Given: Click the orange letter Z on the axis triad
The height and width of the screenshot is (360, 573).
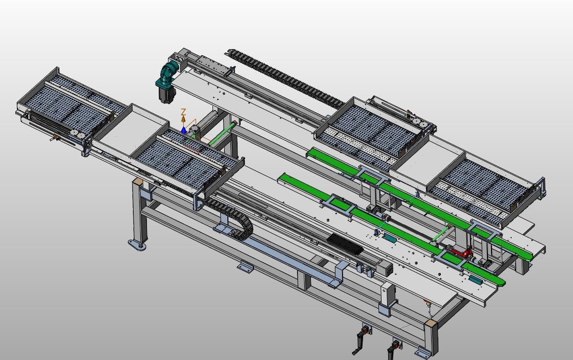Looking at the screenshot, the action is (x=184, y=112).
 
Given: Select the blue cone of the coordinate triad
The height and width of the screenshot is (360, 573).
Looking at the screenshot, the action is (x=183, y=130).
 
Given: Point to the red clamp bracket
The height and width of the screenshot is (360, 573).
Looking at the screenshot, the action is (x=461, y=251).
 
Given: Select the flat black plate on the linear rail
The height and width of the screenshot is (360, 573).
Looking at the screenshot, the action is (x=345, y=244).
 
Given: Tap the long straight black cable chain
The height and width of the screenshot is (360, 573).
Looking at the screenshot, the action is (x=286, y=77).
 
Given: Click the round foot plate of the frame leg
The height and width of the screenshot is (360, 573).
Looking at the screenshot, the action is (x=137, y=245).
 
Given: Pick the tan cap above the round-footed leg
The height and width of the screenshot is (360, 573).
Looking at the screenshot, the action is (x=137, y=181).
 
